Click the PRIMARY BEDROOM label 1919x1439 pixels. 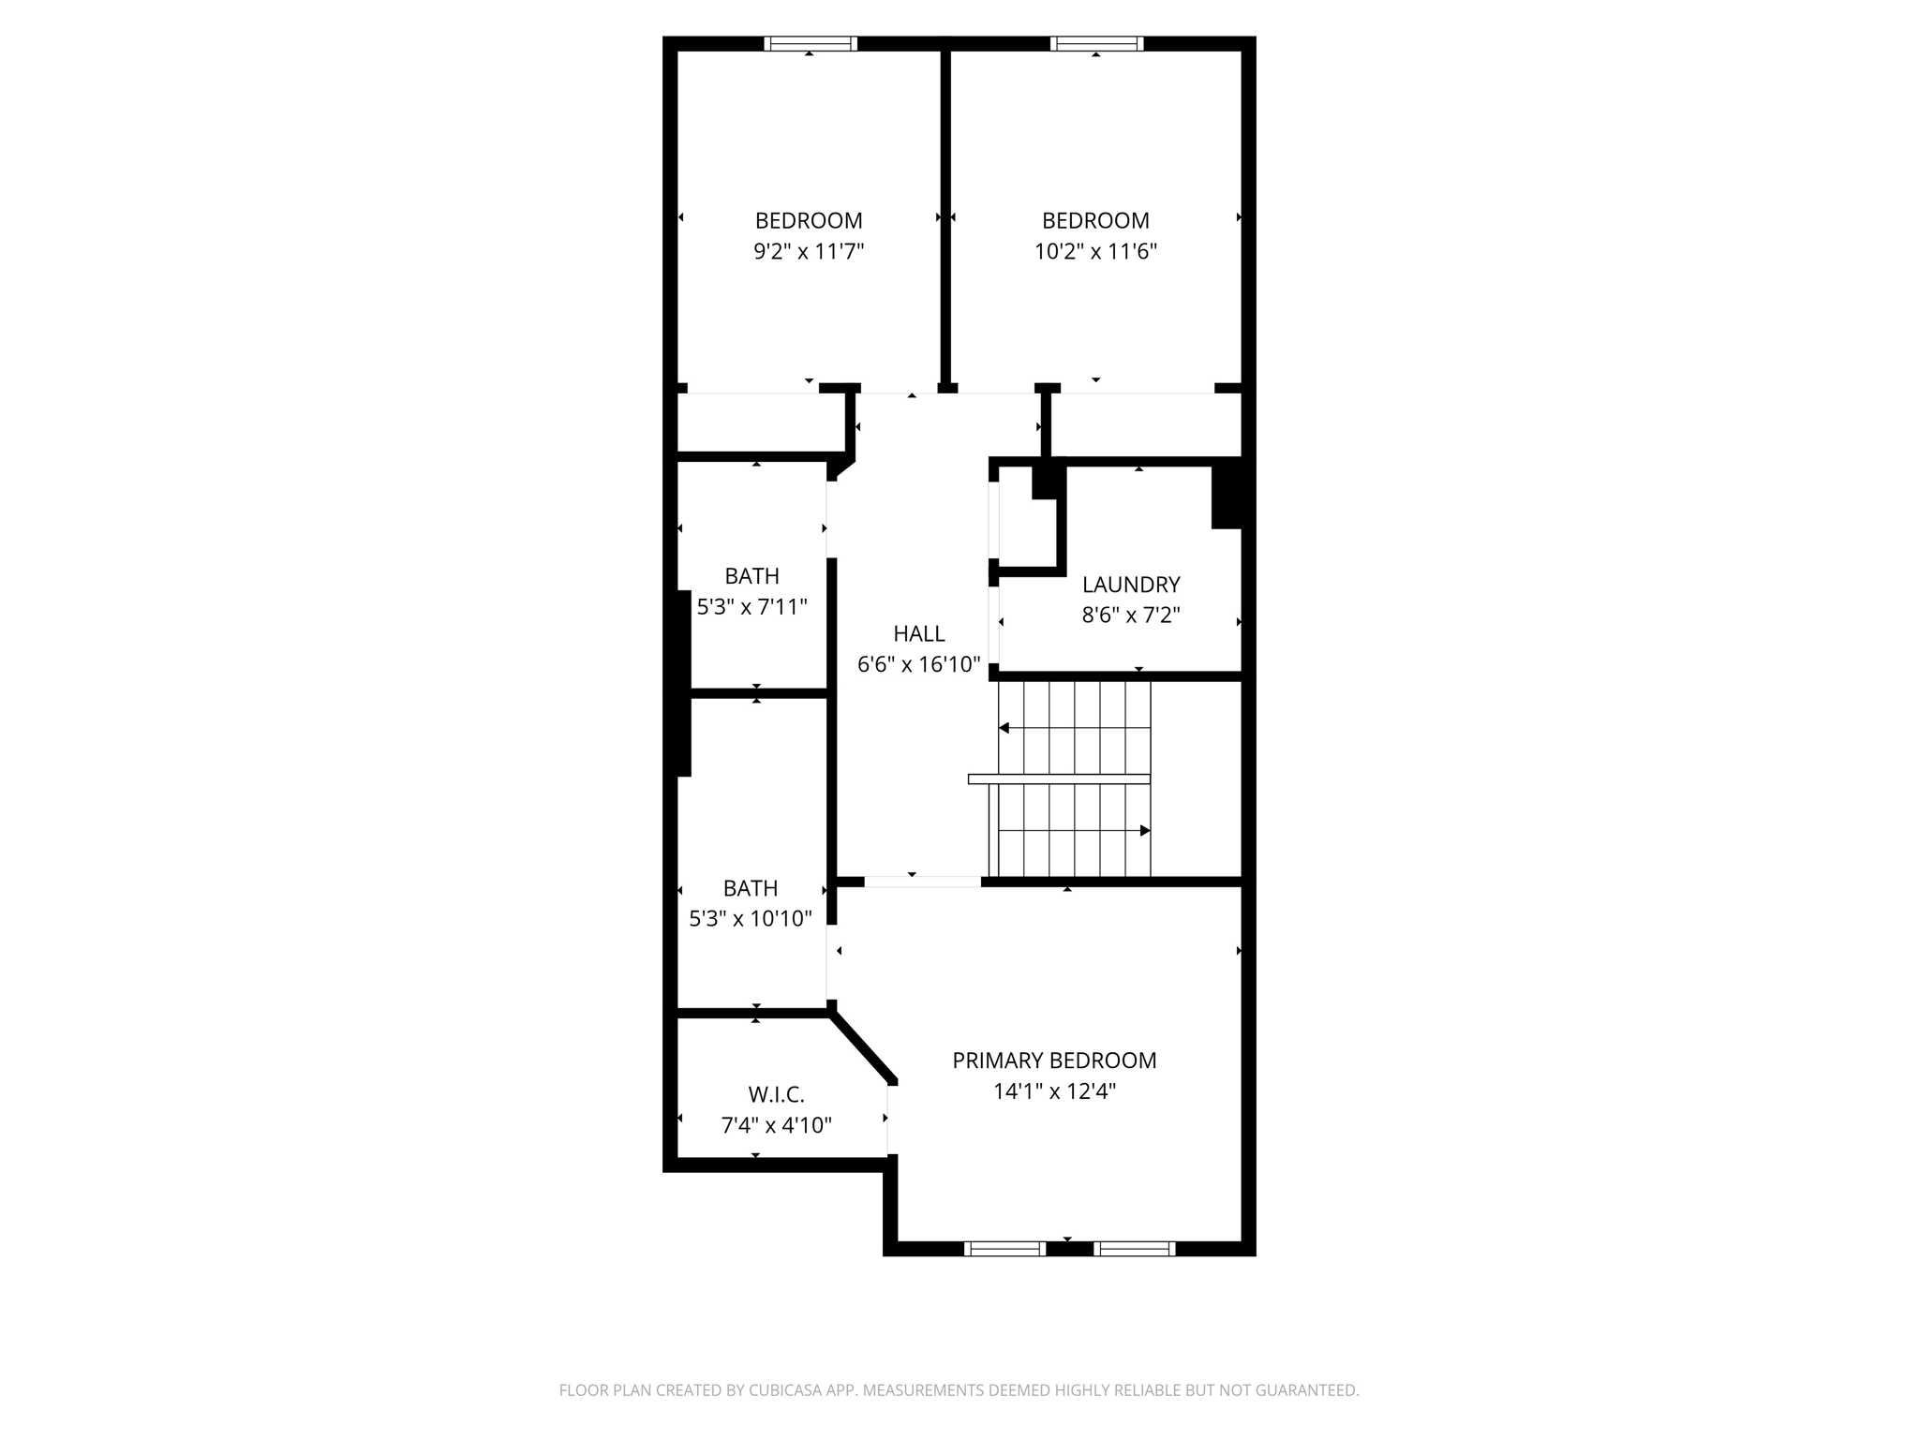pyautogui.click(x=1054, y=1061)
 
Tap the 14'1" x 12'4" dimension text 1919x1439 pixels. pyautogui.click(x=1054, y=1091)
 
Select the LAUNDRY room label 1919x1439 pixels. pyautogui.click(x=1130, y=585)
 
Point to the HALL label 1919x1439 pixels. pyautogui.click(x=918, y=633)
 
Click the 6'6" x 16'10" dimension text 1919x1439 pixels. pyautogui.click(x=918, y=664)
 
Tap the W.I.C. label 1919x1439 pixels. pyautogui.click(x=776, y=1094)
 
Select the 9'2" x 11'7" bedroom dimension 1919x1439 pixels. pyautogui.click(x=809, y=251)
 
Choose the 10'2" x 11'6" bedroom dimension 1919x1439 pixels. pyautogui.click(x=1095, y=251)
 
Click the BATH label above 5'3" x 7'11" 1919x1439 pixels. pyautogui.click(x=751, y=576)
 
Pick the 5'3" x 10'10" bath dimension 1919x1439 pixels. pyautogui.click(x=751, y=918)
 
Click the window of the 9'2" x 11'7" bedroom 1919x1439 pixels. pyautogui.click(x=811, y=43)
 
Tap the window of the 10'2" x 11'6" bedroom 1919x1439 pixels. pyautogui.click(x=1096, y=43)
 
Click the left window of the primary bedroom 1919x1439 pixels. pyautogui.click(x=1004, y=1248)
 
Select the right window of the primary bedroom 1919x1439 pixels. pyautogui.click(x=1134, y=1248)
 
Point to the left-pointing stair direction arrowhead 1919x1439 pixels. pyautogui.click(x=1004, y=728)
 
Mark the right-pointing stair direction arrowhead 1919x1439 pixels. pyautogui.click(x=1144, y=831)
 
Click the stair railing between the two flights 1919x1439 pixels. pyautogui.click(x=1059, y=779)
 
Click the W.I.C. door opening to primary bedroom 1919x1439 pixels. pyautogui.click(x=892, y=1120)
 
